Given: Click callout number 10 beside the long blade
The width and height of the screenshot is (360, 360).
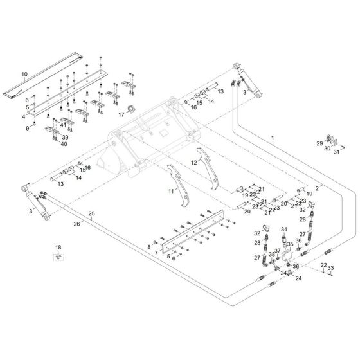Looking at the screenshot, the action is pos(24,74).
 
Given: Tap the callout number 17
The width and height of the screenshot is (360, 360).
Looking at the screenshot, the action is pos(122,114).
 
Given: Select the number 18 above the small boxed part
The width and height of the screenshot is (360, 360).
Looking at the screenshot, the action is pos(59,248).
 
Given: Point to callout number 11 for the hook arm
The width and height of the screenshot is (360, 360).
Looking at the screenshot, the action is pos(171,191).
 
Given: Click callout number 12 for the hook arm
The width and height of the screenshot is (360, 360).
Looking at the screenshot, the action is pos(194,163).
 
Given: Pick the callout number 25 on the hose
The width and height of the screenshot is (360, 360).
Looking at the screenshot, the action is pos(91,213).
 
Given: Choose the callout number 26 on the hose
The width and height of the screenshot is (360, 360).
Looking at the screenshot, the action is pos(76,224).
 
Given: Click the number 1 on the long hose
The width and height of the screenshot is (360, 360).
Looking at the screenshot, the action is pos(273,138).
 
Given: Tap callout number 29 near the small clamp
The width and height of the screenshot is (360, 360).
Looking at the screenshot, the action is pos(320,143).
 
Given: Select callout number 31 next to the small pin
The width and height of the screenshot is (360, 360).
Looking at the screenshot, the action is pos(336,152).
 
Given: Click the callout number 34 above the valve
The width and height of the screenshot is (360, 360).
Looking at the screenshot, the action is pos(284,229).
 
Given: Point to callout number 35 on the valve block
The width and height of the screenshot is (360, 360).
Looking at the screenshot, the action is pos(291,244).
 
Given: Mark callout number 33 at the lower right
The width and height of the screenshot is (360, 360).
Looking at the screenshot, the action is pos(330,267).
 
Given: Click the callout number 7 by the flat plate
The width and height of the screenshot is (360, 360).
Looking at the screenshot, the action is pos(156,253).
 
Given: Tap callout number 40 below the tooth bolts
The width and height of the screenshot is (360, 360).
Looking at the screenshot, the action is pos(64,144).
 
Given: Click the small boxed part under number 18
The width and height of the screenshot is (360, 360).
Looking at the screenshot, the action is pos(59,257).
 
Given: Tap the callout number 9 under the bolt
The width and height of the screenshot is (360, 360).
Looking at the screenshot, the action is pos(28,128).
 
